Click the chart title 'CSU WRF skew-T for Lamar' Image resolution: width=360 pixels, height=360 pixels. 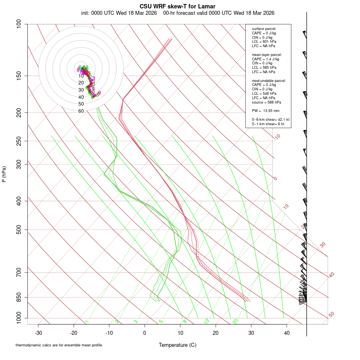tap(178, 6)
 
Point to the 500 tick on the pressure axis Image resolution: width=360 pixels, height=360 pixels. tap(19, 230)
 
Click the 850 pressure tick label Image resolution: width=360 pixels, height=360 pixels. tap(19, 297)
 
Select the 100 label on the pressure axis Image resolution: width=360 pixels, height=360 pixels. tap(19, 24)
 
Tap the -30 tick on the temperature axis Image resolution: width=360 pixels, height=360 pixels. tap(38, 332)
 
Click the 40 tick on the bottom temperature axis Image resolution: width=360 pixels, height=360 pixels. tap(286, 332)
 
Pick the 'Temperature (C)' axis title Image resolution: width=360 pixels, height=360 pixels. tap(178, 345)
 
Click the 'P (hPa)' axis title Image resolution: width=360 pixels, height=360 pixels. tap(4, 174)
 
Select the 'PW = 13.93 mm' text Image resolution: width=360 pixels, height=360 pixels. tap(266, 110)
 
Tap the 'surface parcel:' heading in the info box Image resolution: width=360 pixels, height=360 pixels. tap(264, 29)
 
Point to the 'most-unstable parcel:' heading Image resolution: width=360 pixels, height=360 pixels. tap(269, 80)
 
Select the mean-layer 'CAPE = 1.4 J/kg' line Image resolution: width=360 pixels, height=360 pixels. tap(265, 59)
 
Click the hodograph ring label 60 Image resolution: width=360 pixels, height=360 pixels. tap(81, 111)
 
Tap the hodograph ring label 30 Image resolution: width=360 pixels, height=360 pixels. tap(81, 90)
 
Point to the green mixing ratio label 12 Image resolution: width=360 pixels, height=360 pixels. tap(207, 321)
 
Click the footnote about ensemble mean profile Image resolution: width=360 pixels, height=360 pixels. tap(59, 345)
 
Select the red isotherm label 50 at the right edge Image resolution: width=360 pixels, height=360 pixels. tap(331, 315)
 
